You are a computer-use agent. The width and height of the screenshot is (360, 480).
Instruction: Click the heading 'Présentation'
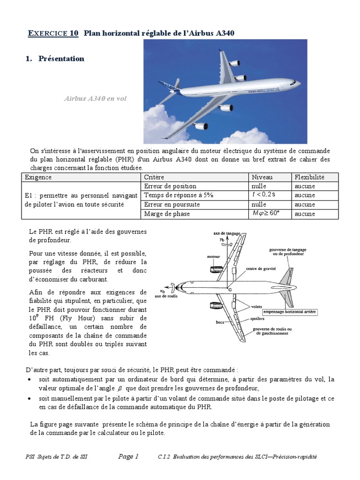click(61, 59)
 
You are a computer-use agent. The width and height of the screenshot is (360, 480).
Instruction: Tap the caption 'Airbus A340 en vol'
click(95, 99)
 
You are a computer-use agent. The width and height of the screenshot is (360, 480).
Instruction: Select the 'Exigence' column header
click(38, 177)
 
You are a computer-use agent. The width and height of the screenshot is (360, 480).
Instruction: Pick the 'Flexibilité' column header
click(309, 177)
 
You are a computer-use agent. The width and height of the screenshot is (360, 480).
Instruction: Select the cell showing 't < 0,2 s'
click(264, 195)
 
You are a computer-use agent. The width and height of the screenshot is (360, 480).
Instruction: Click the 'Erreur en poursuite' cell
click(172, 204)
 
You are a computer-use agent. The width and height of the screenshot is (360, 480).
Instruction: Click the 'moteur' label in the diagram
click(213, 257)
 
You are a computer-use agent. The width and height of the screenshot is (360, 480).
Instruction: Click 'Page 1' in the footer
click(128, 457)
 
